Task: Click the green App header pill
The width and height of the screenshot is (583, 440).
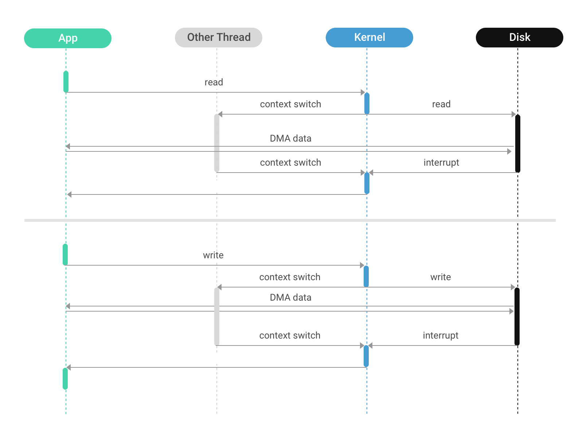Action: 68,38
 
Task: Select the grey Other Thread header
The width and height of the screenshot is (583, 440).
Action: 219,38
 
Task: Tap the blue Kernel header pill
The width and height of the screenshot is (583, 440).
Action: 369,38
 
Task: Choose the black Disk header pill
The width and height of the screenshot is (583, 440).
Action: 519,38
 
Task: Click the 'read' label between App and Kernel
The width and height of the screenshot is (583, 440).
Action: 214,82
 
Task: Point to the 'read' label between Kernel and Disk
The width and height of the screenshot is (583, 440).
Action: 441,104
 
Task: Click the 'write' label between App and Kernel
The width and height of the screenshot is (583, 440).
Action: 213,255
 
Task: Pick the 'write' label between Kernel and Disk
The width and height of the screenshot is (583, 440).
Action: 440,277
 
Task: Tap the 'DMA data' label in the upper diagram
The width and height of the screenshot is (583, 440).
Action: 290,139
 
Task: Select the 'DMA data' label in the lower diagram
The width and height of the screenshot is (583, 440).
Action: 290,298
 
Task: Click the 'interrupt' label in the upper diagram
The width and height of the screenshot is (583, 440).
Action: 441,163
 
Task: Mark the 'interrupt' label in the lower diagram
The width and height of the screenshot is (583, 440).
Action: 440,336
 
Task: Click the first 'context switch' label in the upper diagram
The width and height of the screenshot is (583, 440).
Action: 290,104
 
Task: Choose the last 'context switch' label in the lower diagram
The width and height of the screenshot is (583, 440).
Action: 290,336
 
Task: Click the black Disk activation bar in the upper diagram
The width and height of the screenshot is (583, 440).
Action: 517,143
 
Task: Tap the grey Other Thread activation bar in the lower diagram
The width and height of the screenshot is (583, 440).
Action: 217,316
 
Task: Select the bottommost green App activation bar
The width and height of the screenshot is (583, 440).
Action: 65,379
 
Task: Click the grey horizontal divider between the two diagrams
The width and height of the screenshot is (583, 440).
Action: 290,220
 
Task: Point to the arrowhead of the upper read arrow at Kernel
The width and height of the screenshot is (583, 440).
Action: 363,92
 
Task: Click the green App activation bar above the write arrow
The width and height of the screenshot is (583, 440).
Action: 65,254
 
